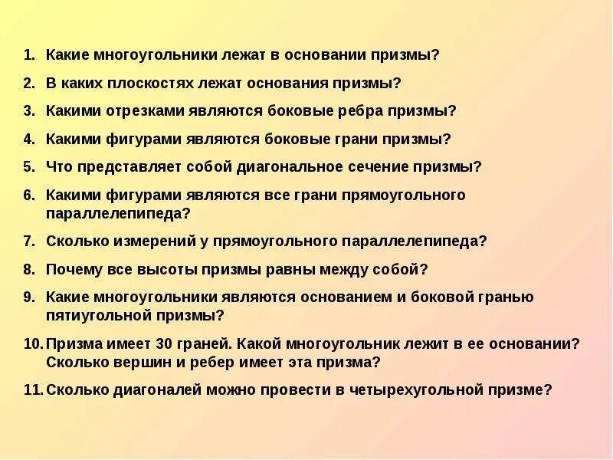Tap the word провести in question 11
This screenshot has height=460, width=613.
[298, 389]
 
